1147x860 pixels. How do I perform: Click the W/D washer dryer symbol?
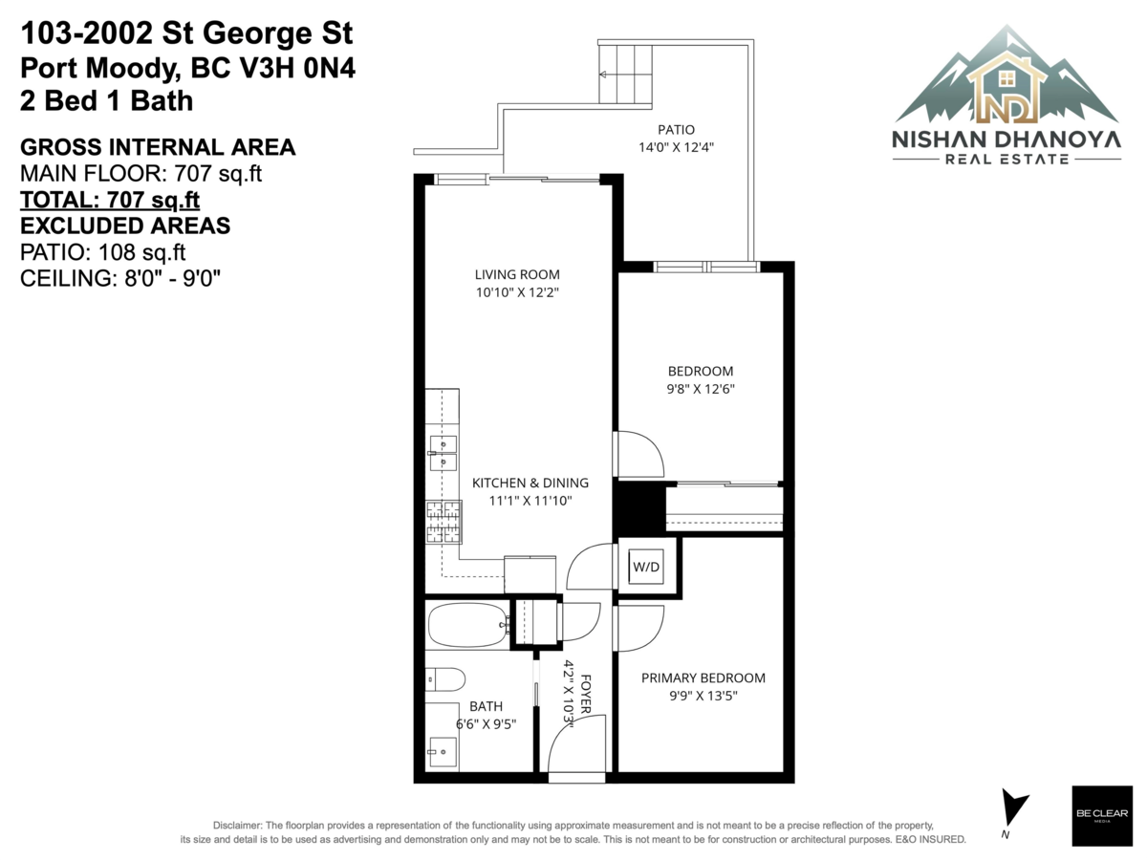click(646, 567)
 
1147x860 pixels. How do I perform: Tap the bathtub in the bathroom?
click(467, 625)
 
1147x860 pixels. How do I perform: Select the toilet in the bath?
click(444, 679)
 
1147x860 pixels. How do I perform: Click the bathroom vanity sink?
click(443, 752)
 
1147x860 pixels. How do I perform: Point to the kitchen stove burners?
click(444, 521)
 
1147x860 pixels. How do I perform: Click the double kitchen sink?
click(443, 453)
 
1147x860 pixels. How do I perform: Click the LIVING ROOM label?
click(517, 274)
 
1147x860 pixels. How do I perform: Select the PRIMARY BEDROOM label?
click(703, 677)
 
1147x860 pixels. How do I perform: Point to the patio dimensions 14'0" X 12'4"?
click(676, 147)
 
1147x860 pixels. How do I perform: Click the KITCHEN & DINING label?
click(530, 483)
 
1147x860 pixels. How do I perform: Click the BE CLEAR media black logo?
click(1102, 816)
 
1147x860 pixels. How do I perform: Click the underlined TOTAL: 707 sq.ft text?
click(110, 200)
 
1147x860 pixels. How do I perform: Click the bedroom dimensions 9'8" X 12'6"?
click(701, 389)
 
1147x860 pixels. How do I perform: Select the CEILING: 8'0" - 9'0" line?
click(120, 278)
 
